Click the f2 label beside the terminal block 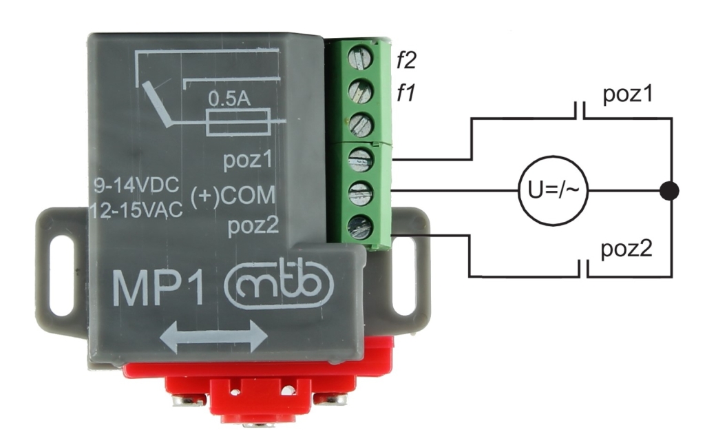(406, 63)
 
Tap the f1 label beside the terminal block (405, 92)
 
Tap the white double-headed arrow (213, 337)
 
